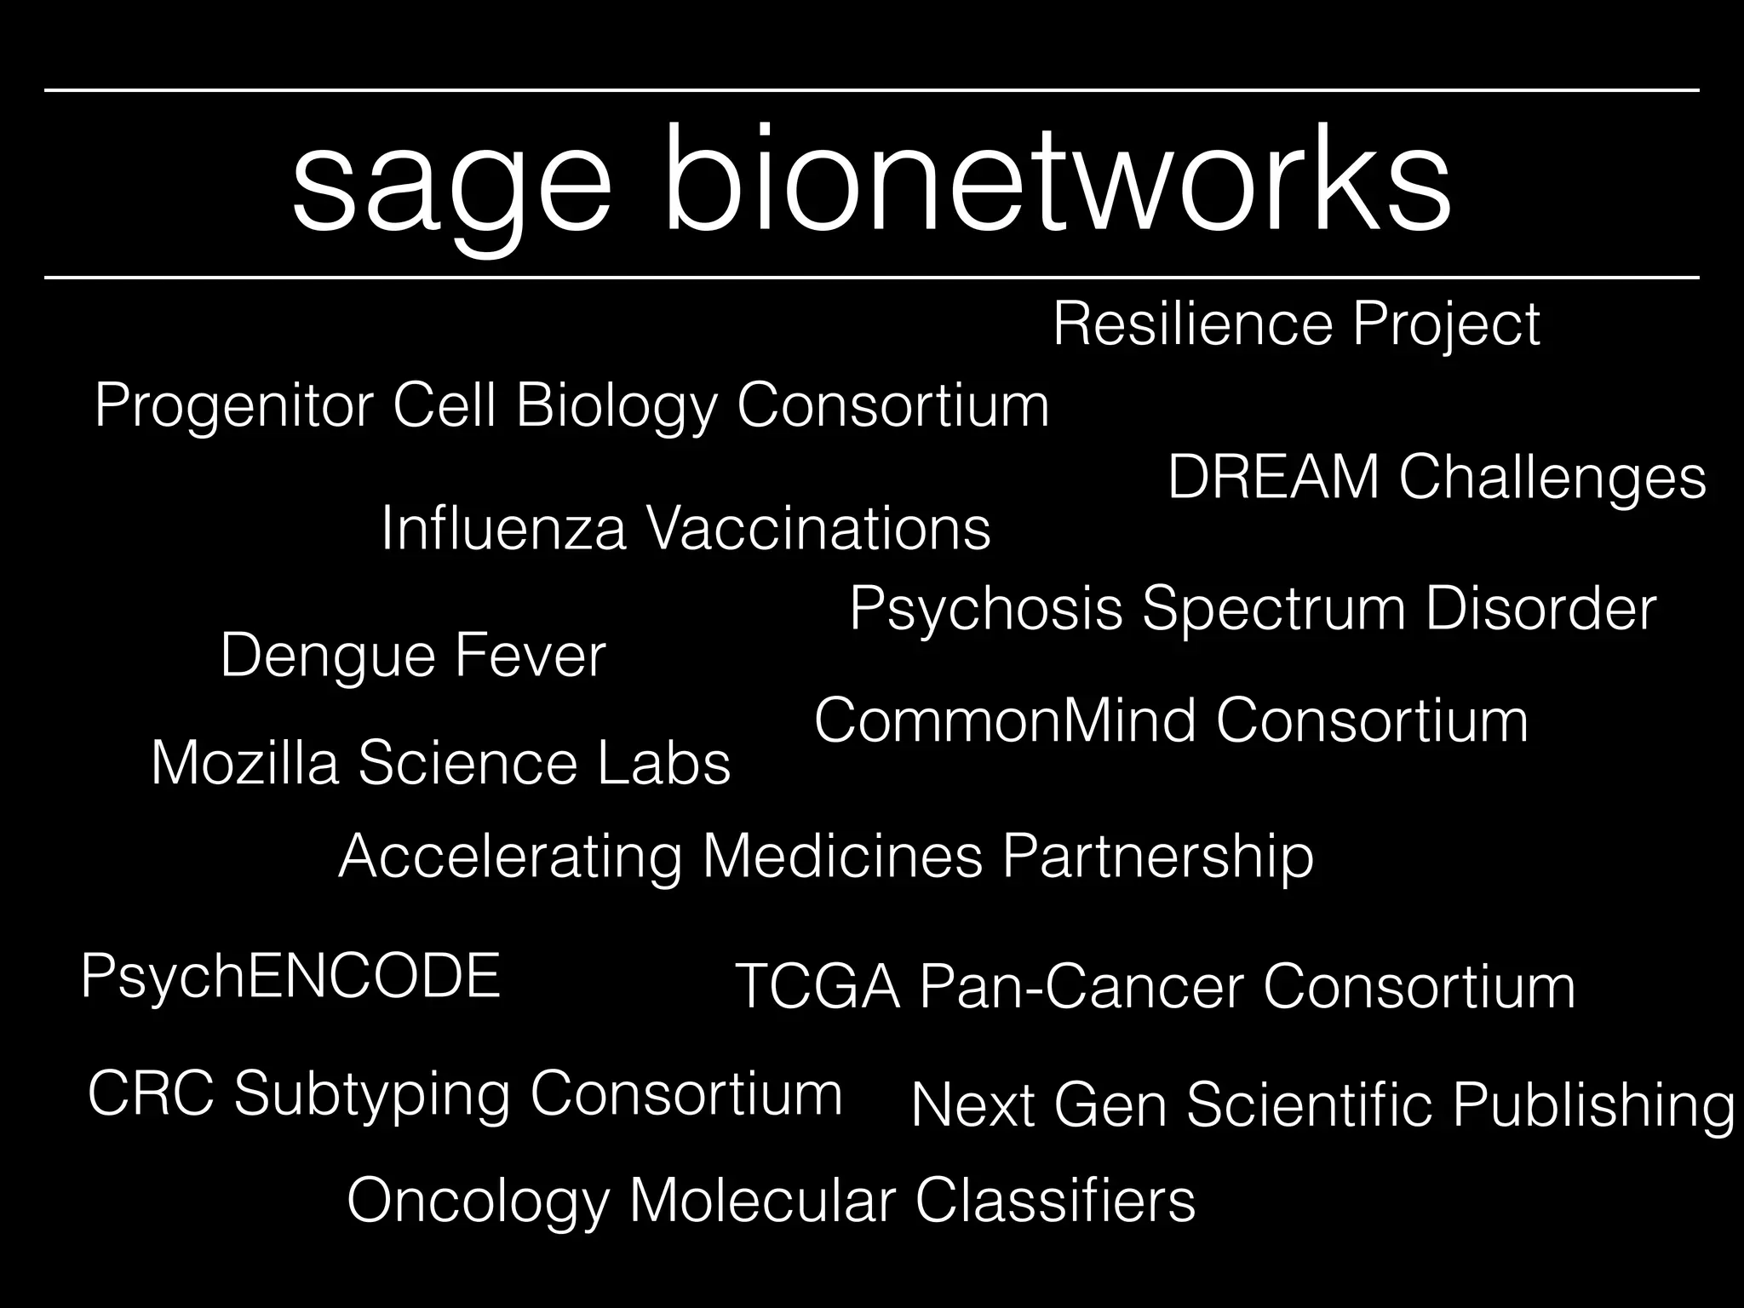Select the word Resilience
(1193, 324)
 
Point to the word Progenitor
(233, 407)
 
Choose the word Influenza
(503, 529)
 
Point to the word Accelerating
(510, 856)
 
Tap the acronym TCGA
(817, 987)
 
